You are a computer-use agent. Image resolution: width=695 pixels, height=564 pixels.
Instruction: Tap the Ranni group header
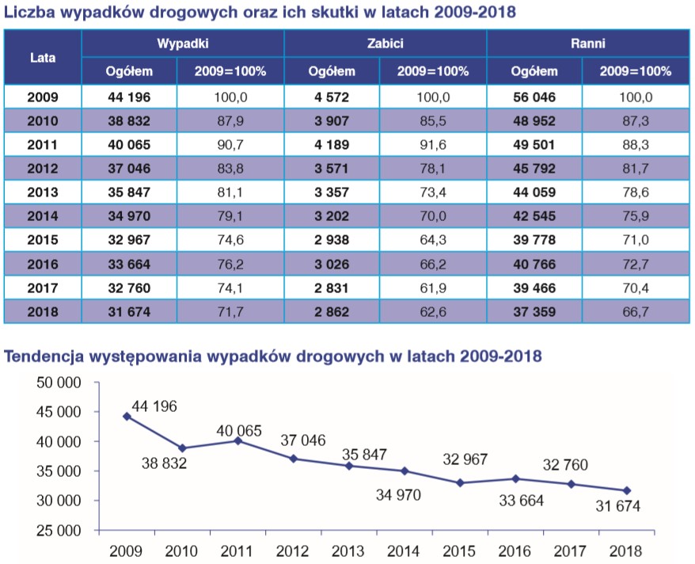click(587, 44)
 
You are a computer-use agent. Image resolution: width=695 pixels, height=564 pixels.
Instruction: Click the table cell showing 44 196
click(129, 97)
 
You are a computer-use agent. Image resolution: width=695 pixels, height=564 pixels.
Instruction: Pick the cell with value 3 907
click(332, 121)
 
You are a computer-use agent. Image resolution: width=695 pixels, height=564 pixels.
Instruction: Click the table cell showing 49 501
click(534, 145)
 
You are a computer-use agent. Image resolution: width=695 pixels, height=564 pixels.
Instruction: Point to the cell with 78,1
click(434, 169)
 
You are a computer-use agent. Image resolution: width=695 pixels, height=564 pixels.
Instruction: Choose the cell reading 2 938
click(332, 240)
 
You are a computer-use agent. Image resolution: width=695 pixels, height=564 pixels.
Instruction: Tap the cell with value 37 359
click(534, 311)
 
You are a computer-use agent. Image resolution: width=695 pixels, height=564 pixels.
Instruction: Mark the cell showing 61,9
click(434, 288)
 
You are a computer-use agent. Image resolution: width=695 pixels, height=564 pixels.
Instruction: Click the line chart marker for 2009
click(127, 416)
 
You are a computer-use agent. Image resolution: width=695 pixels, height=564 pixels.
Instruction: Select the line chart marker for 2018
click(627, 490)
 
